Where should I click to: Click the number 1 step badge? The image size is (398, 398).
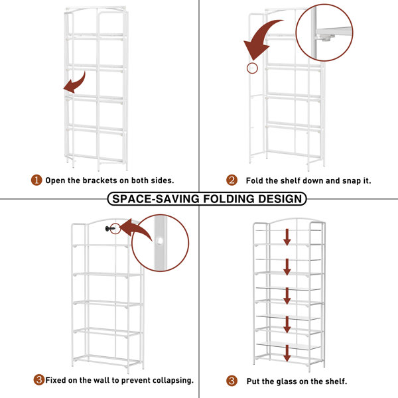36,180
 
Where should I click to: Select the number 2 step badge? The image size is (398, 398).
232,180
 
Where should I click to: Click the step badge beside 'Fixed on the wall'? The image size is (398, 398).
39,380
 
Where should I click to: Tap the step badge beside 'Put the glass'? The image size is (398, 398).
232,381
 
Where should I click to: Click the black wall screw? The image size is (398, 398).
110,229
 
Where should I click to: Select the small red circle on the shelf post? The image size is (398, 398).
252,68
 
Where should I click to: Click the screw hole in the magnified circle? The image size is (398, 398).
160,241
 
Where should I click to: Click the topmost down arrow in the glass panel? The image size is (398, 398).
287,237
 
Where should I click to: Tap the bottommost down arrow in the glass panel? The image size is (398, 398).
287,353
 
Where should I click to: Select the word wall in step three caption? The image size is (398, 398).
101,380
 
